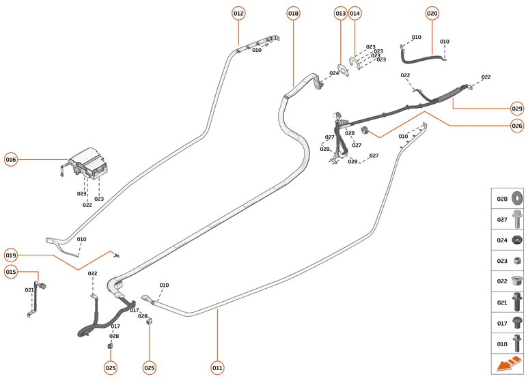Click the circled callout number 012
(238, 13)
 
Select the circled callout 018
(293, 13)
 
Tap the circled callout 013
(340, 13)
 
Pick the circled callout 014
(355, 13)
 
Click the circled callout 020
(432, 13)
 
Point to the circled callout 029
(517, 108)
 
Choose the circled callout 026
(517, 125)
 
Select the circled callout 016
(11, 159)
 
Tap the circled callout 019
(11, 255)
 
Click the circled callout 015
(11, 272)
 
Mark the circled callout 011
(217, 368)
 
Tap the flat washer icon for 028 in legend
(516, 199)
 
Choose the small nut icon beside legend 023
(516, 260)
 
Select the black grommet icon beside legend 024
(516, 240)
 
